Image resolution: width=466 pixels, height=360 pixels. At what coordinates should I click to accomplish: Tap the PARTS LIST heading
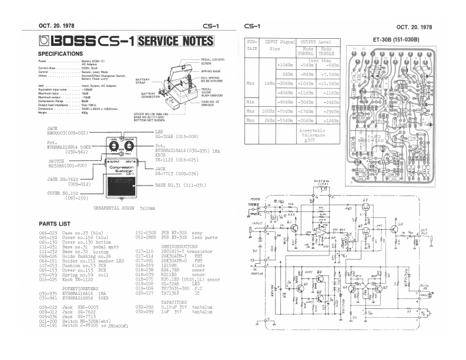[x=55, y=224]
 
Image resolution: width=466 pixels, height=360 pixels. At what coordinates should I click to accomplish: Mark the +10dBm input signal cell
[x=285, y=65]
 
